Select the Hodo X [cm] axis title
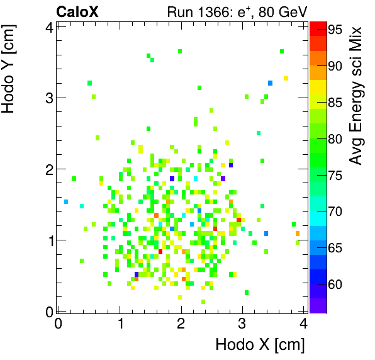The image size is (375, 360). pyautogui.click(x=260, y=345)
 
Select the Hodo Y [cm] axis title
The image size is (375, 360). pyautogui.click(x=10, y=69)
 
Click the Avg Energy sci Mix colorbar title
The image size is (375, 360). pyautogui.click(x=357, y=94)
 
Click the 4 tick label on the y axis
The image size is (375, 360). pyautogui.click(x=49, y=26)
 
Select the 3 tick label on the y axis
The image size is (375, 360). pyautogui.click(x=49, y=98)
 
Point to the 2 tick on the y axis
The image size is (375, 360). pyautogui.click(x=49, y=169)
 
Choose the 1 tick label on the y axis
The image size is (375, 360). pyautogui.click(x=49, y=240)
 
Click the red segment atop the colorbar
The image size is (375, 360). pyautogui.click(x=318, y=26)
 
